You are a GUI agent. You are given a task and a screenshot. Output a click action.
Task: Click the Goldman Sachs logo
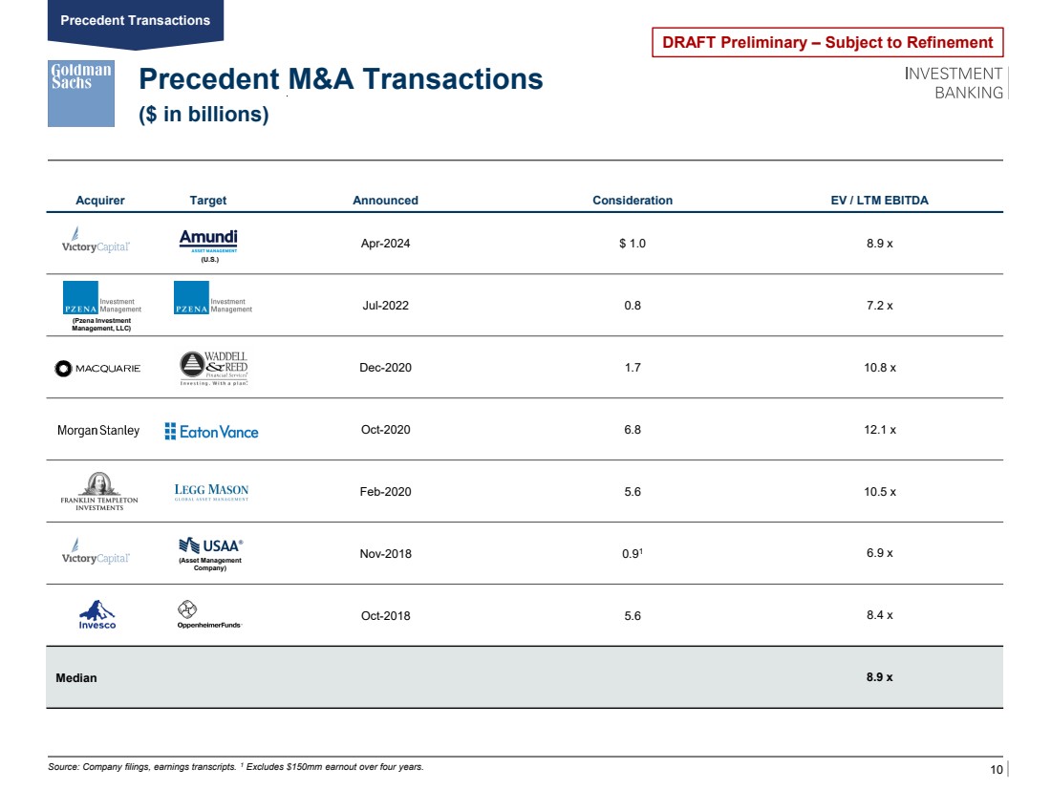pos(81,93)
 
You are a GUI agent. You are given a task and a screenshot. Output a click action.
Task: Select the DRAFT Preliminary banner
pos(827,42)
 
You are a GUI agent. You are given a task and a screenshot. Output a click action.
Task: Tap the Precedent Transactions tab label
pos(135,20)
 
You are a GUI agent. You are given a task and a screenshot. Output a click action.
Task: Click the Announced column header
pos(385,201)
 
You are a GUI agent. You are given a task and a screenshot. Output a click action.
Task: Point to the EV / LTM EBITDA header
pos(879,201)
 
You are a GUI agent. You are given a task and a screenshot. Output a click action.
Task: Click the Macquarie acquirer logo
pos(98,369)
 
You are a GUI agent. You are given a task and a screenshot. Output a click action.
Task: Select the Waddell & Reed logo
pos(213,368)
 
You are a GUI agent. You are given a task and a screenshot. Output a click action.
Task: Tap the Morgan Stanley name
pos(98,431)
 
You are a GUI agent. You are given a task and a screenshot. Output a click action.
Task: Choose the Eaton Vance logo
pos(211,432)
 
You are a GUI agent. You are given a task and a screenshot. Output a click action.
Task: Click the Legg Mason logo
pos(211,492)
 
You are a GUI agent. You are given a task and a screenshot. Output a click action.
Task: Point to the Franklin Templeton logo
pos(99,492)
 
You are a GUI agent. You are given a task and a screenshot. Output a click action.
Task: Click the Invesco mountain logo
pos(97,614)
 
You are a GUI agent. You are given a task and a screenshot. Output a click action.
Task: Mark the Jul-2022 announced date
pos(386,306)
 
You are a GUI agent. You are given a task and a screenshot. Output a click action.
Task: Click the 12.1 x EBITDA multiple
pos(879,430)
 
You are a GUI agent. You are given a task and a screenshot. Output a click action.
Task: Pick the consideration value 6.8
pos(632,430)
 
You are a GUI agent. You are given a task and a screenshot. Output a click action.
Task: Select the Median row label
pos(75,677)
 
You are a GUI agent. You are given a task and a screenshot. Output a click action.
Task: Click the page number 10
pos(996,770)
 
